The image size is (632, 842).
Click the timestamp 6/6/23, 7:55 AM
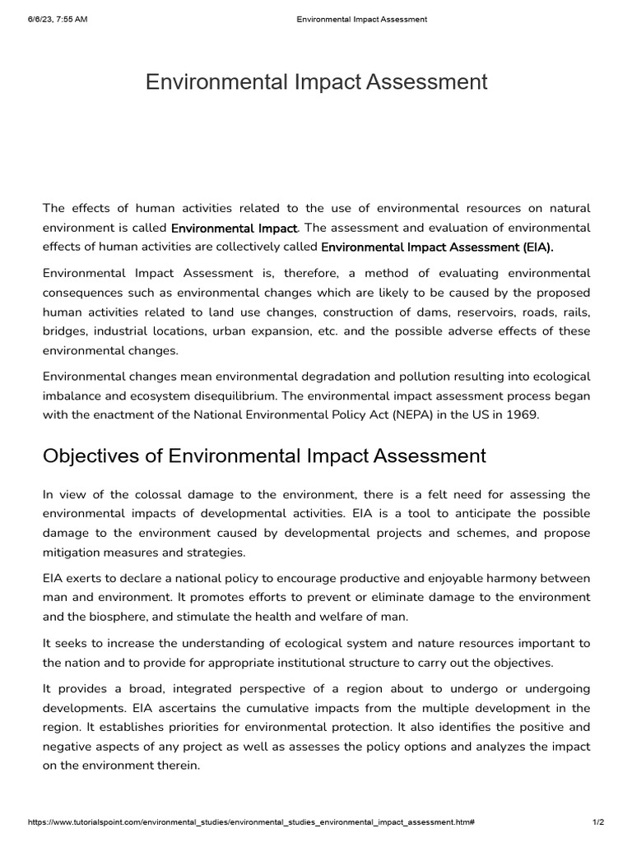point(57,20)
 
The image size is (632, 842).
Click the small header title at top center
point(361,20)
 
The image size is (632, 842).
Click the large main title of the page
point(316,82)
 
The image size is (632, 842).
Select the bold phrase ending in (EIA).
point(437,246)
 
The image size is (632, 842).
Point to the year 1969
point(520,414)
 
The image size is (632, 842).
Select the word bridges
point(64,331)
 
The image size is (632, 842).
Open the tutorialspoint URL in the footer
point(251,821)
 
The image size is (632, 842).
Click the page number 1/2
point(598,821)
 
